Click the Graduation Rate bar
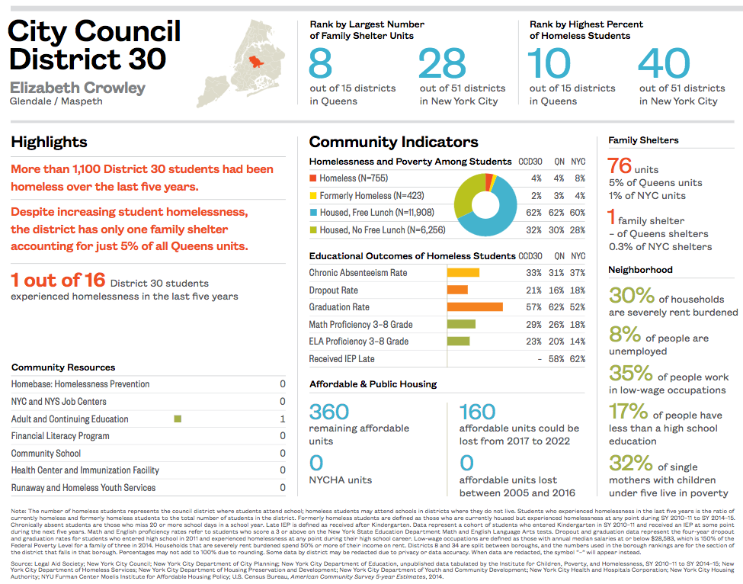474,307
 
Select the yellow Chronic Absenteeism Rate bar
463,273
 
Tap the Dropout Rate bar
457,290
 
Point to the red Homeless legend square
312,178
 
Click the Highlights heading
49,142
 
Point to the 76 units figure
620,166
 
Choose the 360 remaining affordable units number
329,412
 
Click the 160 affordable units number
478,412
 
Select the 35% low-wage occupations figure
630,374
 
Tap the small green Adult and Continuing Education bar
178,419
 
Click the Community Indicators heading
393,142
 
